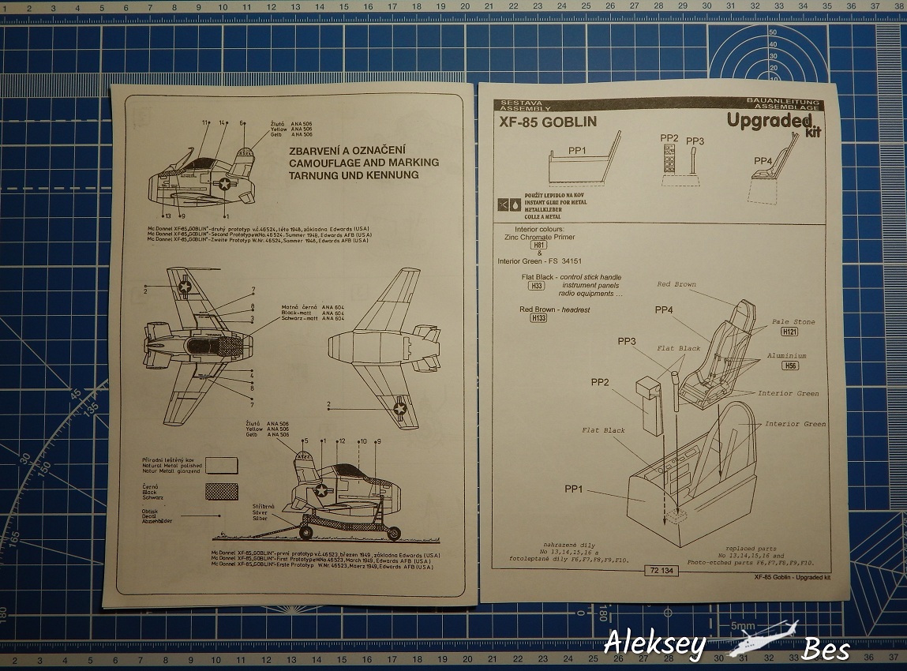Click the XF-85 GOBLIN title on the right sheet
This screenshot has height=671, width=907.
548,122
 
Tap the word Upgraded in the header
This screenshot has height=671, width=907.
769,120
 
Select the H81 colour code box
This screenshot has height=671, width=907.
538,246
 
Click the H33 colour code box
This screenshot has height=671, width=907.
538,286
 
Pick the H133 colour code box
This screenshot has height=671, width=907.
538,318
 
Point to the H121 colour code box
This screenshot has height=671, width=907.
789,332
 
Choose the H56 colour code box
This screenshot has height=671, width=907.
789,366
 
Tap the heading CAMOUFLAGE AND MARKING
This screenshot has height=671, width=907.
364,163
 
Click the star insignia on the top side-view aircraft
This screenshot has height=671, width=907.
226,184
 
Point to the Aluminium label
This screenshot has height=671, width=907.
786,356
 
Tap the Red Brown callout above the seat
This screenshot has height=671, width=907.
677,284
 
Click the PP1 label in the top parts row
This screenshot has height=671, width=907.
578,149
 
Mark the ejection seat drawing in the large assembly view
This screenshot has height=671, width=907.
710,355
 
